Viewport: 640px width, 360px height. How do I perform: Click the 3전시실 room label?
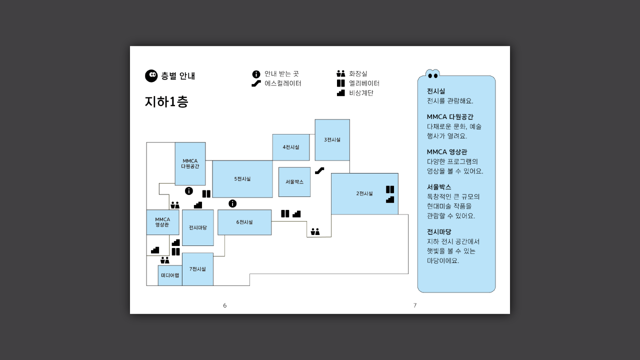(332, 139)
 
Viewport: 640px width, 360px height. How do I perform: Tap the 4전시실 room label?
(291, 147)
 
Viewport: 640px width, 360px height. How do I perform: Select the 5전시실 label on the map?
(242, 179)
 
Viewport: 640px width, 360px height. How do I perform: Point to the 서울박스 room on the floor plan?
(294, 181)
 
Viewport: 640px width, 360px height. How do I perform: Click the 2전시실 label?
(364, 193)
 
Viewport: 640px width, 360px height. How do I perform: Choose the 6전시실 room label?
(244, 222)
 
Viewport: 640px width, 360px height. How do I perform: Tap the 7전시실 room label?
(197, 269)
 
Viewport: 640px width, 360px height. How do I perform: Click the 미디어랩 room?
(170, 275)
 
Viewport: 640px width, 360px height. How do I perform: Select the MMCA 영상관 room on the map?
(162, 222)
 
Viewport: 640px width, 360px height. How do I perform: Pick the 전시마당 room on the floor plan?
(197, 227)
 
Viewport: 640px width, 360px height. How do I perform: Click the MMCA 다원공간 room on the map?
(190, 163)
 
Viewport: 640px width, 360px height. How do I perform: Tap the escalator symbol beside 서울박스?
(319, 170)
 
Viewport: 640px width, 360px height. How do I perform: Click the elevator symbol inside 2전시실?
(390, 189)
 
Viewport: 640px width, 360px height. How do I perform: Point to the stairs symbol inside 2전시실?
(390, 199)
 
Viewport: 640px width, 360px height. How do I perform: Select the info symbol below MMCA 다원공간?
(189, 191)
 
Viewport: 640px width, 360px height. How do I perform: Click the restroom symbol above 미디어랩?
(165, 260)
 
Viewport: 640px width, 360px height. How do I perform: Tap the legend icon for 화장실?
(341, 73)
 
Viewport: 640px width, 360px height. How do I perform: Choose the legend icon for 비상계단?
(341, 93)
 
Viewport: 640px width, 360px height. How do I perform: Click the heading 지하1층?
(166, 101)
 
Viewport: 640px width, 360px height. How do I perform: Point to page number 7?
(415, 305)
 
